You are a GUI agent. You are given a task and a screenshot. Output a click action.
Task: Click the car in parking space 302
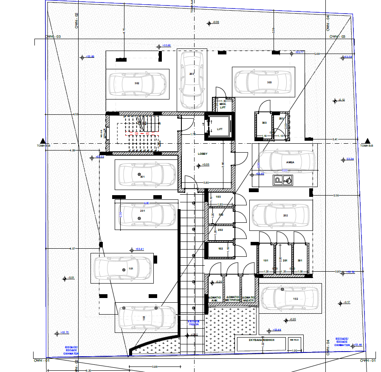coord(137,83)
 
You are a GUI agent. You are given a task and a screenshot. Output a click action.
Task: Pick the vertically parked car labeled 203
coord(191,80)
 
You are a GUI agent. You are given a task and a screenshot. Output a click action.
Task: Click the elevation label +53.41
coord(140,249)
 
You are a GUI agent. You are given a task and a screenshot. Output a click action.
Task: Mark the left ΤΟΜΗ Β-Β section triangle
coord(42,141)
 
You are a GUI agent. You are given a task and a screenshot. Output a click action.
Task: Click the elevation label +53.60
coord(166,45)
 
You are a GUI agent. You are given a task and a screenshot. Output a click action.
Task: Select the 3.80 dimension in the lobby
coord(206,183)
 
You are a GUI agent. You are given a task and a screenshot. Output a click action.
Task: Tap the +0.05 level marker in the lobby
coord(206,165)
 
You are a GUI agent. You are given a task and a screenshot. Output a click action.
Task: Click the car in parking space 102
coord(290,298)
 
